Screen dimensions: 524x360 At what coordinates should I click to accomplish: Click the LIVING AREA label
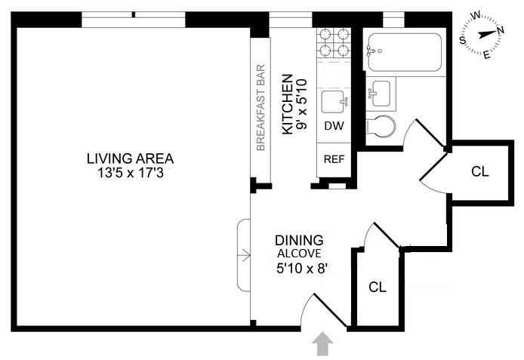click(x=130, y=158)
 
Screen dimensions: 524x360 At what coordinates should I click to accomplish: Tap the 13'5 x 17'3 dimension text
click(x=131, y=173)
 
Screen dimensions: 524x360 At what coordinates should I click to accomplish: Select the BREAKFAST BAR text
click(x=260, y=107)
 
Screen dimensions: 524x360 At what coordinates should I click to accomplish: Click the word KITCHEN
click(x=288, y=104)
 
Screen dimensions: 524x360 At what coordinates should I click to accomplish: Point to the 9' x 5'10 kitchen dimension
click(x=301, y=104)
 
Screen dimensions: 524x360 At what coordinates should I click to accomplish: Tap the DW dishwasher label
click(x=334, y=126)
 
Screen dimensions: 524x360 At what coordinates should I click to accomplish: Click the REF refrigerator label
click(x=334, y=159)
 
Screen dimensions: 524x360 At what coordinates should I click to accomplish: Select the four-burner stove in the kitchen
click(x=334, y=42)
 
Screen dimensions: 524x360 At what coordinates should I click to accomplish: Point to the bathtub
click(x=405, y=52)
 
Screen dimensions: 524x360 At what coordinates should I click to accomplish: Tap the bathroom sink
click(x=380, y=94)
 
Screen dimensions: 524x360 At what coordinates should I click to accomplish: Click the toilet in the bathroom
click(x=381, y=127)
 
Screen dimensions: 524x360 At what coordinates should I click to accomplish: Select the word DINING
click(x=299, y=241)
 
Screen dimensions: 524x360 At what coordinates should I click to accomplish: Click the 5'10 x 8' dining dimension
click(x=301, y=268)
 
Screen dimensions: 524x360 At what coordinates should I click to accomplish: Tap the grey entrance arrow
click(x=322, y=343)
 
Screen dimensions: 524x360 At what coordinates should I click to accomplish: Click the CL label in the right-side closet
click(x=480, y=171)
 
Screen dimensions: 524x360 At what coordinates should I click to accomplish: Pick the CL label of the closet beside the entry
click(x=378, y=287)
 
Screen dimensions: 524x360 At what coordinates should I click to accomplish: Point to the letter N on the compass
click(x=501, y=30)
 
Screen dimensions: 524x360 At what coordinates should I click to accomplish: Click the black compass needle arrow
click(x=488, y=34)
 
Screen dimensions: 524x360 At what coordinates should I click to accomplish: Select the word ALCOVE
click(x=299, y=254)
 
